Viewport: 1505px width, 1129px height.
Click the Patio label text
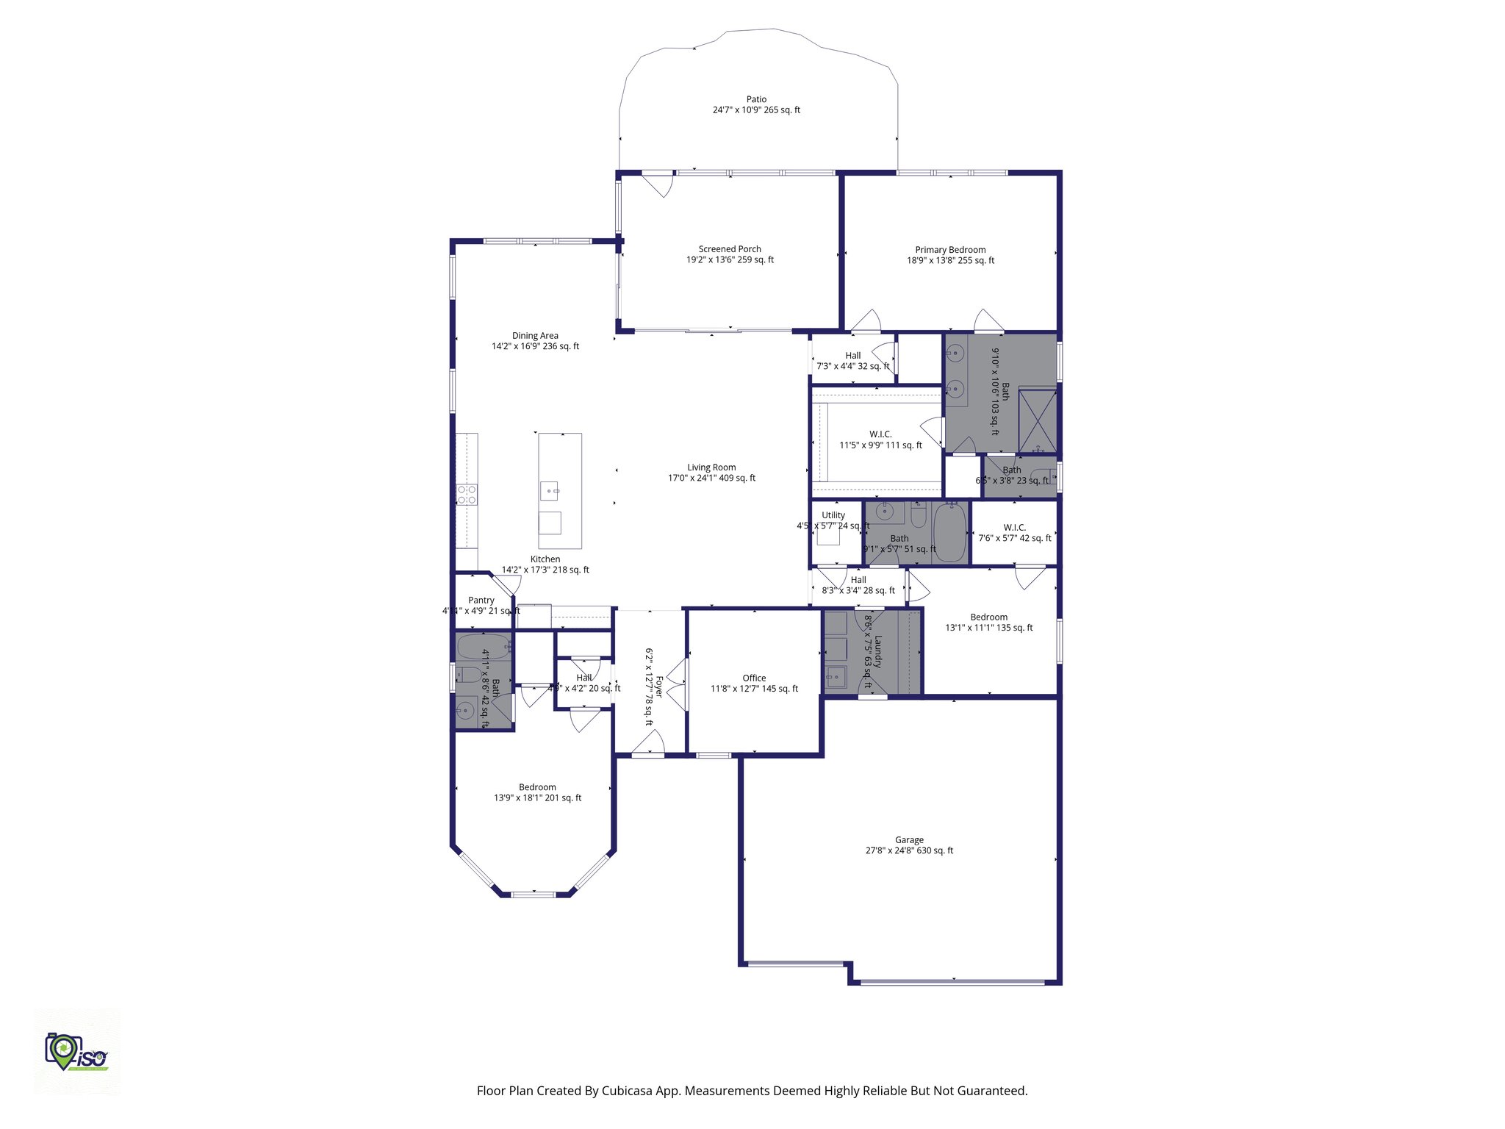pyautogui.click(x=756, y=99)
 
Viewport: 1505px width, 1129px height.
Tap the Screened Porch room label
pyautogui.click(x=730, y=249)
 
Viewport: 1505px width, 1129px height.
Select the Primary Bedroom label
pyautogui.click(x=950, y=250)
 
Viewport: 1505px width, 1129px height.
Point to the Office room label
pyautogui.click(x=754, y=678)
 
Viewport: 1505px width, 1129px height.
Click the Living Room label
pyautogui.click(x=711, y=467)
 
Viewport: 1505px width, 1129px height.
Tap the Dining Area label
pyautogui.click(x=535, y=336)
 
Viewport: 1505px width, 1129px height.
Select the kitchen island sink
pyautogui.click(x=549, y=490)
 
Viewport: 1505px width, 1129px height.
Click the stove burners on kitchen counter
pyautogui.click(x=467, y=494)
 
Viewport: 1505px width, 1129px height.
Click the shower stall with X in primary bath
pyautogui.click(x=1038, y=421)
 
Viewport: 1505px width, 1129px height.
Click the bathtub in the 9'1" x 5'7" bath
pyautogui.click(x=950, y=532)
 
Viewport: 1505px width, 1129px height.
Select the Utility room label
pyautogui.click(x=833, y=515)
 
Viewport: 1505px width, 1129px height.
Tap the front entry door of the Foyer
pyautogui.click(x=648, y=744)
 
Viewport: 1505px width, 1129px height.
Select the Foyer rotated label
pyautogui.click(x=659, y=687)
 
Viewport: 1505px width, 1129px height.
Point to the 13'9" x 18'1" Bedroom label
pyautogui.click(x=537, y=787)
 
